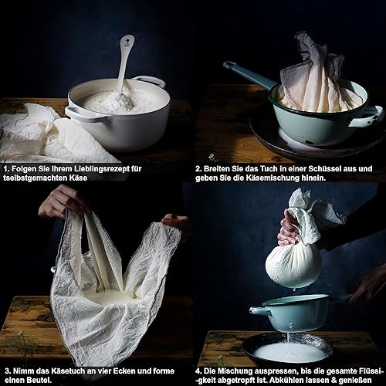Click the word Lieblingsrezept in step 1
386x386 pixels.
[102, 169]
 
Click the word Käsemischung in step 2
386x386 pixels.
[275, 178]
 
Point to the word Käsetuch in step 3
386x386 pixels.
[66, 371]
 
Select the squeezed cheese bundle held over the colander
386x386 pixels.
[293, 267]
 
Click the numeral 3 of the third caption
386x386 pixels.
[8, 371]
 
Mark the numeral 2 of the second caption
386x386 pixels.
[198, 169]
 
